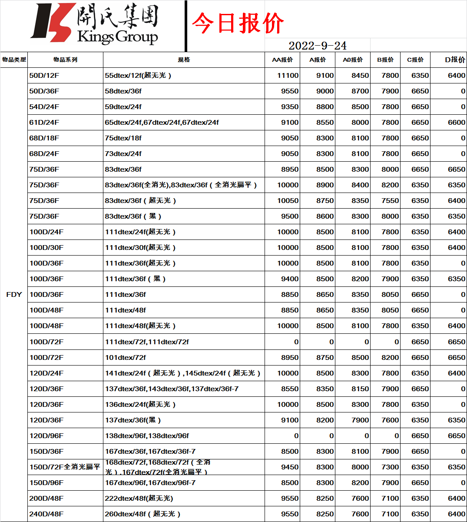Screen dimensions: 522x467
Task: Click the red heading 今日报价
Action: tap(238, 23)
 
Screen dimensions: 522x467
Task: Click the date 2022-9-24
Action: tap(317, 46)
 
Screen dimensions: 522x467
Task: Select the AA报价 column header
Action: tap(282, 60)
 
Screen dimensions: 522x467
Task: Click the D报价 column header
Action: tap(455, 60)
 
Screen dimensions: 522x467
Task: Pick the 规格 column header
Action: tap(184, 60)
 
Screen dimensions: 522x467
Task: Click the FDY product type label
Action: tap(14, 294)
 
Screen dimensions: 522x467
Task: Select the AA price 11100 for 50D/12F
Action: tap(288, 75)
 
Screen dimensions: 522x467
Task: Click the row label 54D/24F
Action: tap(44, 106)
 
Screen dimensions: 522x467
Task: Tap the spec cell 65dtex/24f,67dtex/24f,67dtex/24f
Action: tap(162, 122)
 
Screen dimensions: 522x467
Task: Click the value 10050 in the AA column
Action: tap(288, 200)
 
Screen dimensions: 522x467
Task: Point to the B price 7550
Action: tap(390, 200)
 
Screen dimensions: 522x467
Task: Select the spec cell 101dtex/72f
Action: tap(126, 357)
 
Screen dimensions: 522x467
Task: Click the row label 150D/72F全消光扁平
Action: tap(65, 467)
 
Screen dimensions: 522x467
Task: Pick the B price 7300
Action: tap(390, 467)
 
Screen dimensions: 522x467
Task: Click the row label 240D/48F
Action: tap(46, 514)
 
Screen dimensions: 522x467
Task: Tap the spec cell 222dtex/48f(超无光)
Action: tap(139, 498)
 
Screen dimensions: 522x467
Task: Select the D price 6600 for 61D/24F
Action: tap(456, 122)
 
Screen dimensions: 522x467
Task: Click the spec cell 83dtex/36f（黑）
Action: tap(133, 216)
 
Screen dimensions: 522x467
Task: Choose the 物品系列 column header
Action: tap(65, 60)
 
